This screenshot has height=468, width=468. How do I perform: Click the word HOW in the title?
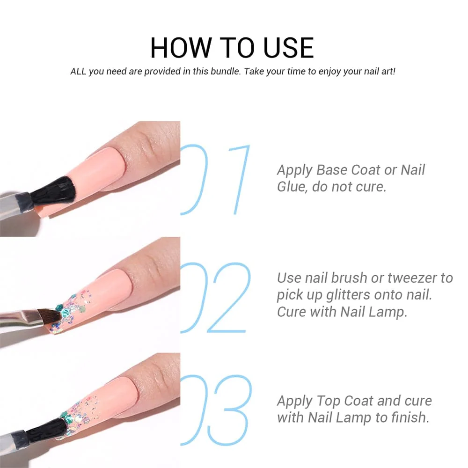point(180,48)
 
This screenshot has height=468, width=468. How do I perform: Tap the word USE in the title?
point(289,48)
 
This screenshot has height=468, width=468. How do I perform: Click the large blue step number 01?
point(215,179)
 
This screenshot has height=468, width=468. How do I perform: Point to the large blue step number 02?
point(215,298)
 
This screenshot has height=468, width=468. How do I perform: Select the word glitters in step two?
point(348,295)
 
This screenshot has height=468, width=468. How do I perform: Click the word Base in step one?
point(332,170)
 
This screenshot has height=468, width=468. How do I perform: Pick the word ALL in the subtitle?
point(78,72)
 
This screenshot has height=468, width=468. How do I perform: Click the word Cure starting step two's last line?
point(292,312)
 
